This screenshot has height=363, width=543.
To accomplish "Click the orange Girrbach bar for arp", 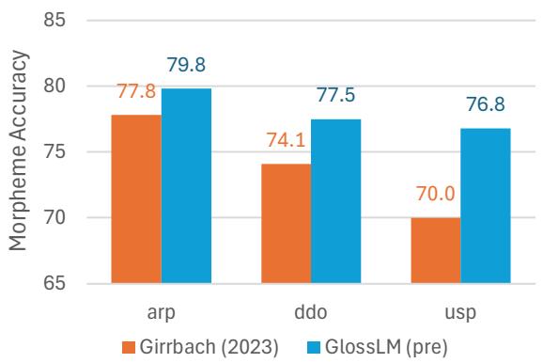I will point(137,199).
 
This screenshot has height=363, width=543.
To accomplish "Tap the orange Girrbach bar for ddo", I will point(287,224).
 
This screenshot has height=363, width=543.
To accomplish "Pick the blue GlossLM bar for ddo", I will point(335,201).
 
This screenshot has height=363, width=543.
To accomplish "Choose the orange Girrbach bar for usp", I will point(437,250).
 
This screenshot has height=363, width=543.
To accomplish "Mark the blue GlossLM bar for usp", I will point(486,206).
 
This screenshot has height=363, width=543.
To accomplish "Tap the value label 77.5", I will point(337,99).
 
